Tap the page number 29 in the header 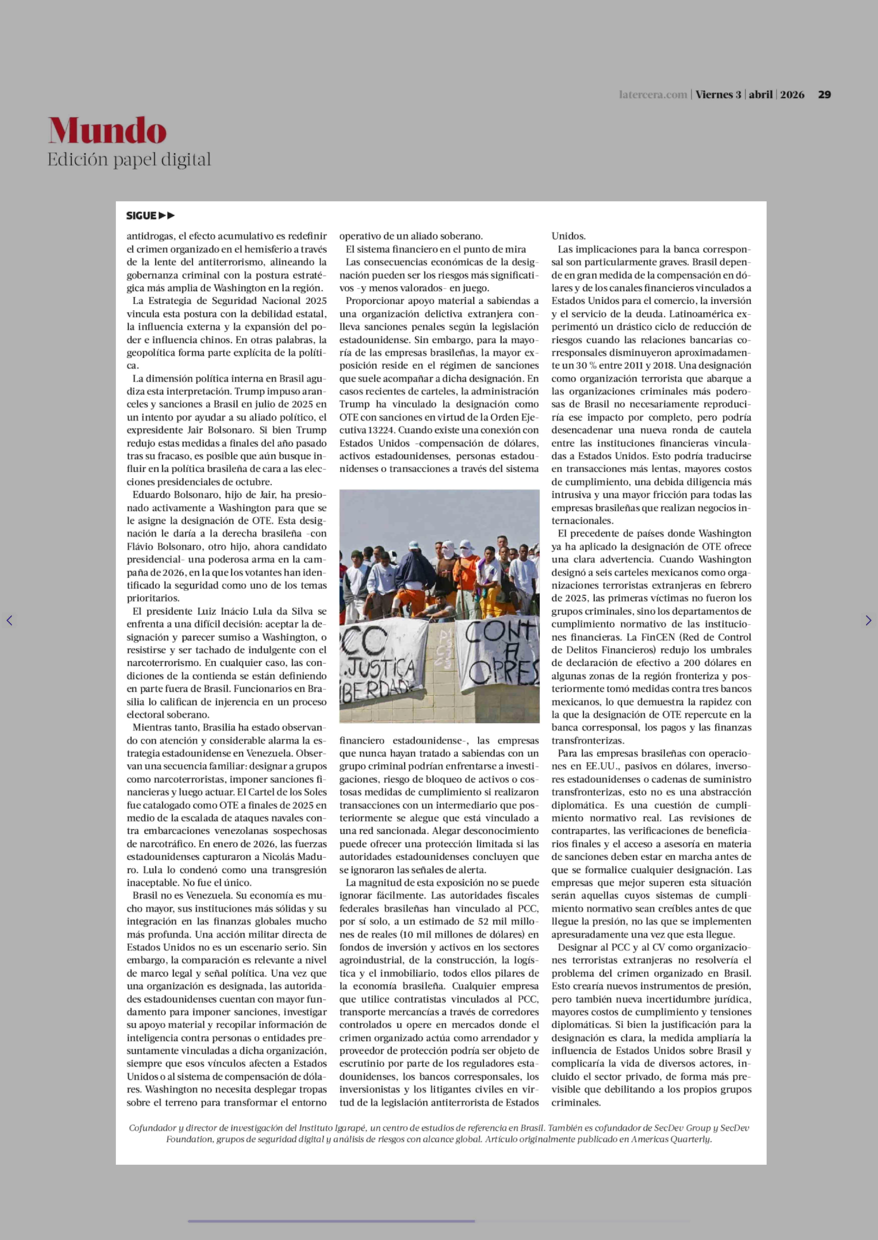pyautogui.click(x=824, y=95)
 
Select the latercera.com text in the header pyautogui.click(x=652, y=95)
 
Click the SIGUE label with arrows pyautogui.click(x=150, y=216)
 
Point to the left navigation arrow pyautogui.click(x=9, y=620)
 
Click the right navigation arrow pyautogui.click(x=868, y=620)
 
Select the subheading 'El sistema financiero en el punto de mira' pyautogui.click(x=436, y=249)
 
